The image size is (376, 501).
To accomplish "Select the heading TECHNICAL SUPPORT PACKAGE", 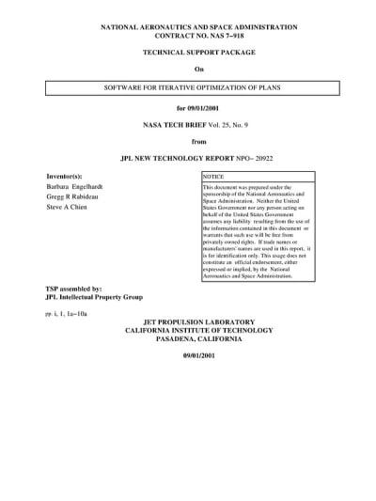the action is (x=199, y=55).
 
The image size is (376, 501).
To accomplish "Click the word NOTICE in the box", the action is (x=213, y=177).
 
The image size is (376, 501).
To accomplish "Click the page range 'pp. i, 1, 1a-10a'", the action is (x=66, y=312).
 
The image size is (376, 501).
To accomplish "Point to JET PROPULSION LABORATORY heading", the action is (x=198, y=321).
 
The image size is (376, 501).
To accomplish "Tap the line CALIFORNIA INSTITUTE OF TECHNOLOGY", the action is (x=198, y=329).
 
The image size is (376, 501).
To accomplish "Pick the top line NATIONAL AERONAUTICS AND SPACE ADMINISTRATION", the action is (x=199, y=28).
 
